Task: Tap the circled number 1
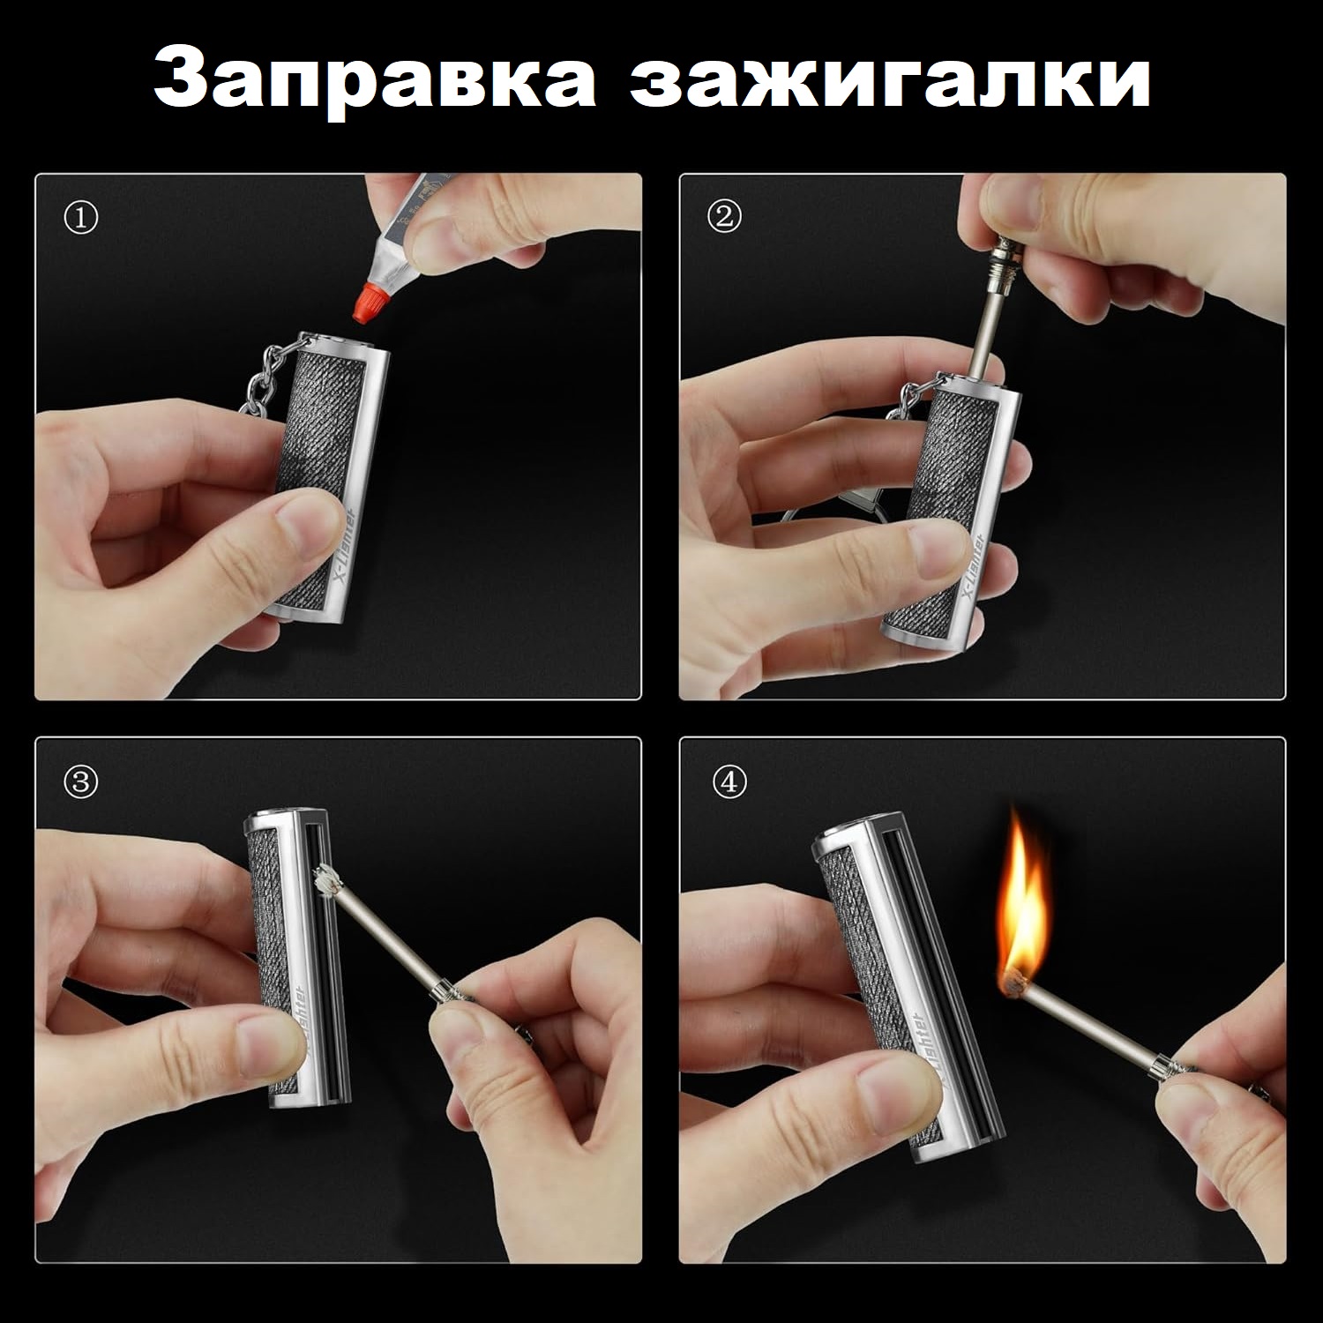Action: click(x=81, y=218)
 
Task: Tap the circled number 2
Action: click(x=725, y=218)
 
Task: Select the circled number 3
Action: click(x=81, y=782)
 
